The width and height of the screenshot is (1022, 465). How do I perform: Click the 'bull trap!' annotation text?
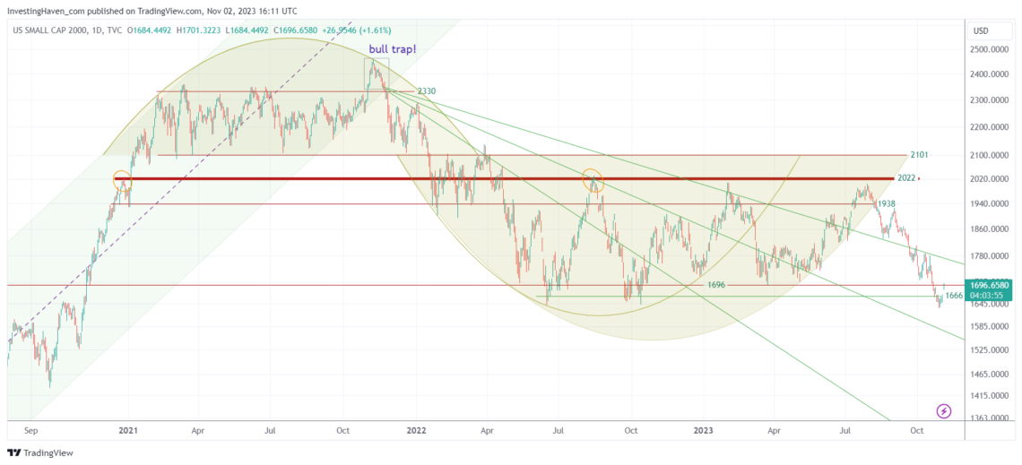[391, 49]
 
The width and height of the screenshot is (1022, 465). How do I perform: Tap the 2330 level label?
[426, 91]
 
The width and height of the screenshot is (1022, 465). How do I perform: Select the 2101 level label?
[918, 155]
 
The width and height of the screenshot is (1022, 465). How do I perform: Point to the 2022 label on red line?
[906, 178]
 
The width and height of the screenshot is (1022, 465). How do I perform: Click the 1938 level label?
[887, 204]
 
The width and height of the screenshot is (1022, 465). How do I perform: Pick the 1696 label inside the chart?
[715, 285]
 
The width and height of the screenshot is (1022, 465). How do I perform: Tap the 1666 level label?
[954, 295]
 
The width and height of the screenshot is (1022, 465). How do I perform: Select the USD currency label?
[981, 30]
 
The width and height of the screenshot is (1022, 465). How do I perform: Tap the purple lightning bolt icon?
[944, 411]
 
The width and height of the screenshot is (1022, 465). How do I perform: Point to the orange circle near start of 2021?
[123, 179]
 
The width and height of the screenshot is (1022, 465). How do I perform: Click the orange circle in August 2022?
[592, 180]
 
